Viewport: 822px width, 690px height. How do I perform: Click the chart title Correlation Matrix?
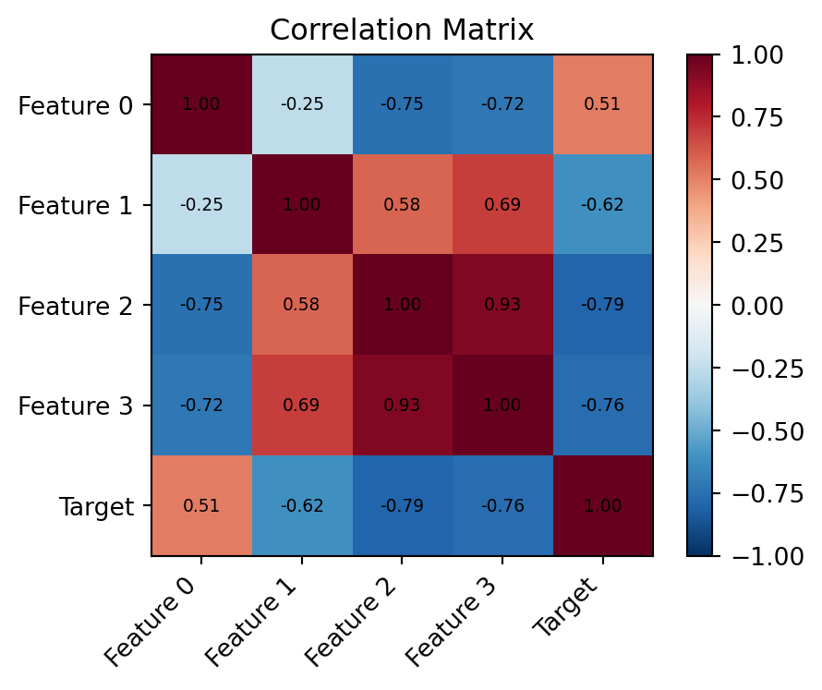coord(402,30)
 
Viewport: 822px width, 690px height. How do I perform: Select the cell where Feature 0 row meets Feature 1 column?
coord(302,104)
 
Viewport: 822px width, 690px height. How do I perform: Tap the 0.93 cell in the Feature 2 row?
coord(502,305)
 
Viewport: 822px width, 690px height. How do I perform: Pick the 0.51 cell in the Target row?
coord(201,505)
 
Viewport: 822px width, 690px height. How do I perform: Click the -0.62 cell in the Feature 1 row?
coord(602,204)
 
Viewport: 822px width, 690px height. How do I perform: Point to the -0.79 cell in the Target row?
coord(402,505)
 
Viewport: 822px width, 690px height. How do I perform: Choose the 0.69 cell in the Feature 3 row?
coord(302,405)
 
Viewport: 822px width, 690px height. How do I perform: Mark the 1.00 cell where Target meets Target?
coord(602,505)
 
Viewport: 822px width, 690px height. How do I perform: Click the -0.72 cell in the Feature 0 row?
coord(502,104)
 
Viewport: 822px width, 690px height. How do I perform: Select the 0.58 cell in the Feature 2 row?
coord(302,305)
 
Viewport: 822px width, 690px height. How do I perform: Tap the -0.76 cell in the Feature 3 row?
coord(602,405)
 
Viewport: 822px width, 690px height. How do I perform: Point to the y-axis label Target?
coord(97,505)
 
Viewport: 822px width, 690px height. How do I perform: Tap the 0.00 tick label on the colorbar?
coord(758,306)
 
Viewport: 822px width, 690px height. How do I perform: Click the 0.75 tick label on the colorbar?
coord(758,118)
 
